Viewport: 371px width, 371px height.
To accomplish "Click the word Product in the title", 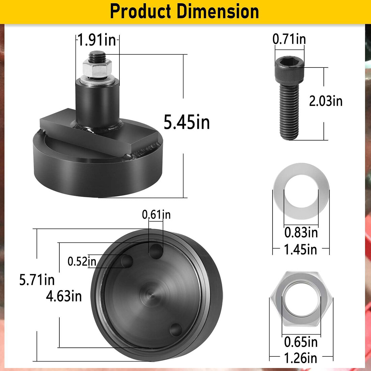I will pos(141,11).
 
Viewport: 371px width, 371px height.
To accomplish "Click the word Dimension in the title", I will pos(218,11).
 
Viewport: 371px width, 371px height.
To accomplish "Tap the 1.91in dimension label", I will pos(97,40).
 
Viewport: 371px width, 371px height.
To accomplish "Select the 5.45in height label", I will pos(187,122).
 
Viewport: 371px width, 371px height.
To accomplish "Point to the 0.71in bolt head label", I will pos(289,39).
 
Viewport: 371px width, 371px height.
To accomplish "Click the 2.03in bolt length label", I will pos(325,101).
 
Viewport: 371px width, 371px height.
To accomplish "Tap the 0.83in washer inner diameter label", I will pos(301,232).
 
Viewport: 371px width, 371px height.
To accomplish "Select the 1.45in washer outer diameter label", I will pos(301,250).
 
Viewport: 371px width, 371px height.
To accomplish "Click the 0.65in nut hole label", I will pos(301,342).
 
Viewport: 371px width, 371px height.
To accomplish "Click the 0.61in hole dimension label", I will pos(156,215).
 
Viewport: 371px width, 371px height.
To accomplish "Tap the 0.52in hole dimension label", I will pos(82,261).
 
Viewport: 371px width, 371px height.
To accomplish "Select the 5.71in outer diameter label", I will pos(37,280).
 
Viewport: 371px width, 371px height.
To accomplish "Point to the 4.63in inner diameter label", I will pos(64,296).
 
